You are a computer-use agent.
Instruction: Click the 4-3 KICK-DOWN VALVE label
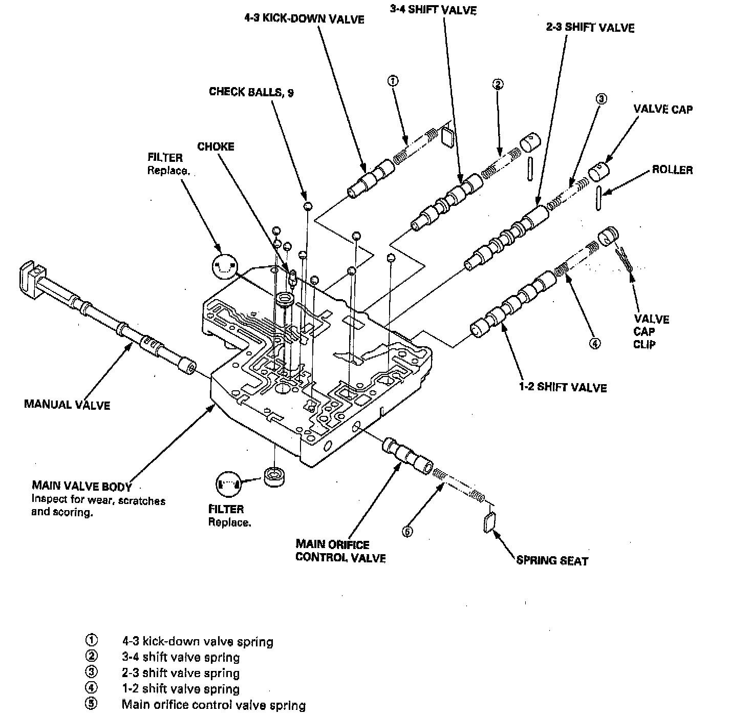304,19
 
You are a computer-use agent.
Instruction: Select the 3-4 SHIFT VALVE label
433,10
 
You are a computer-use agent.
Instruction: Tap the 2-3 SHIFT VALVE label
590,27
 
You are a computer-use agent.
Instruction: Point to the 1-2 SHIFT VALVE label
563,387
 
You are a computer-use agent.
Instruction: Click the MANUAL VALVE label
67,405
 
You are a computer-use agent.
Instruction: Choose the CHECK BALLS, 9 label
251,92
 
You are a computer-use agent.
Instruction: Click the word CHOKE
216,146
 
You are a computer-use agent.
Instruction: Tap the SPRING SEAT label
552,560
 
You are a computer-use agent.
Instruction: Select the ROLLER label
672,170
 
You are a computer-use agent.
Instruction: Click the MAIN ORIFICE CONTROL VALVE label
340,551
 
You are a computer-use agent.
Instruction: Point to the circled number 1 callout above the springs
393,80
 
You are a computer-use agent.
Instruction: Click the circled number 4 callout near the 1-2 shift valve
595,344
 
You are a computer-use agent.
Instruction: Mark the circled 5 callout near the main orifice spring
407,532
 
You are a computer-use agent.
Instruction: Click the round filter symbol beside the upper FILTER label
224,266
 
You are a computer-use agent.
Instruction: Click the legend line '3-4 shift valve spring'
181,657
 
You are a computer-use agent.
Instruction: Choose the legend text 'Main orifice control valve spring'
213,705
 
